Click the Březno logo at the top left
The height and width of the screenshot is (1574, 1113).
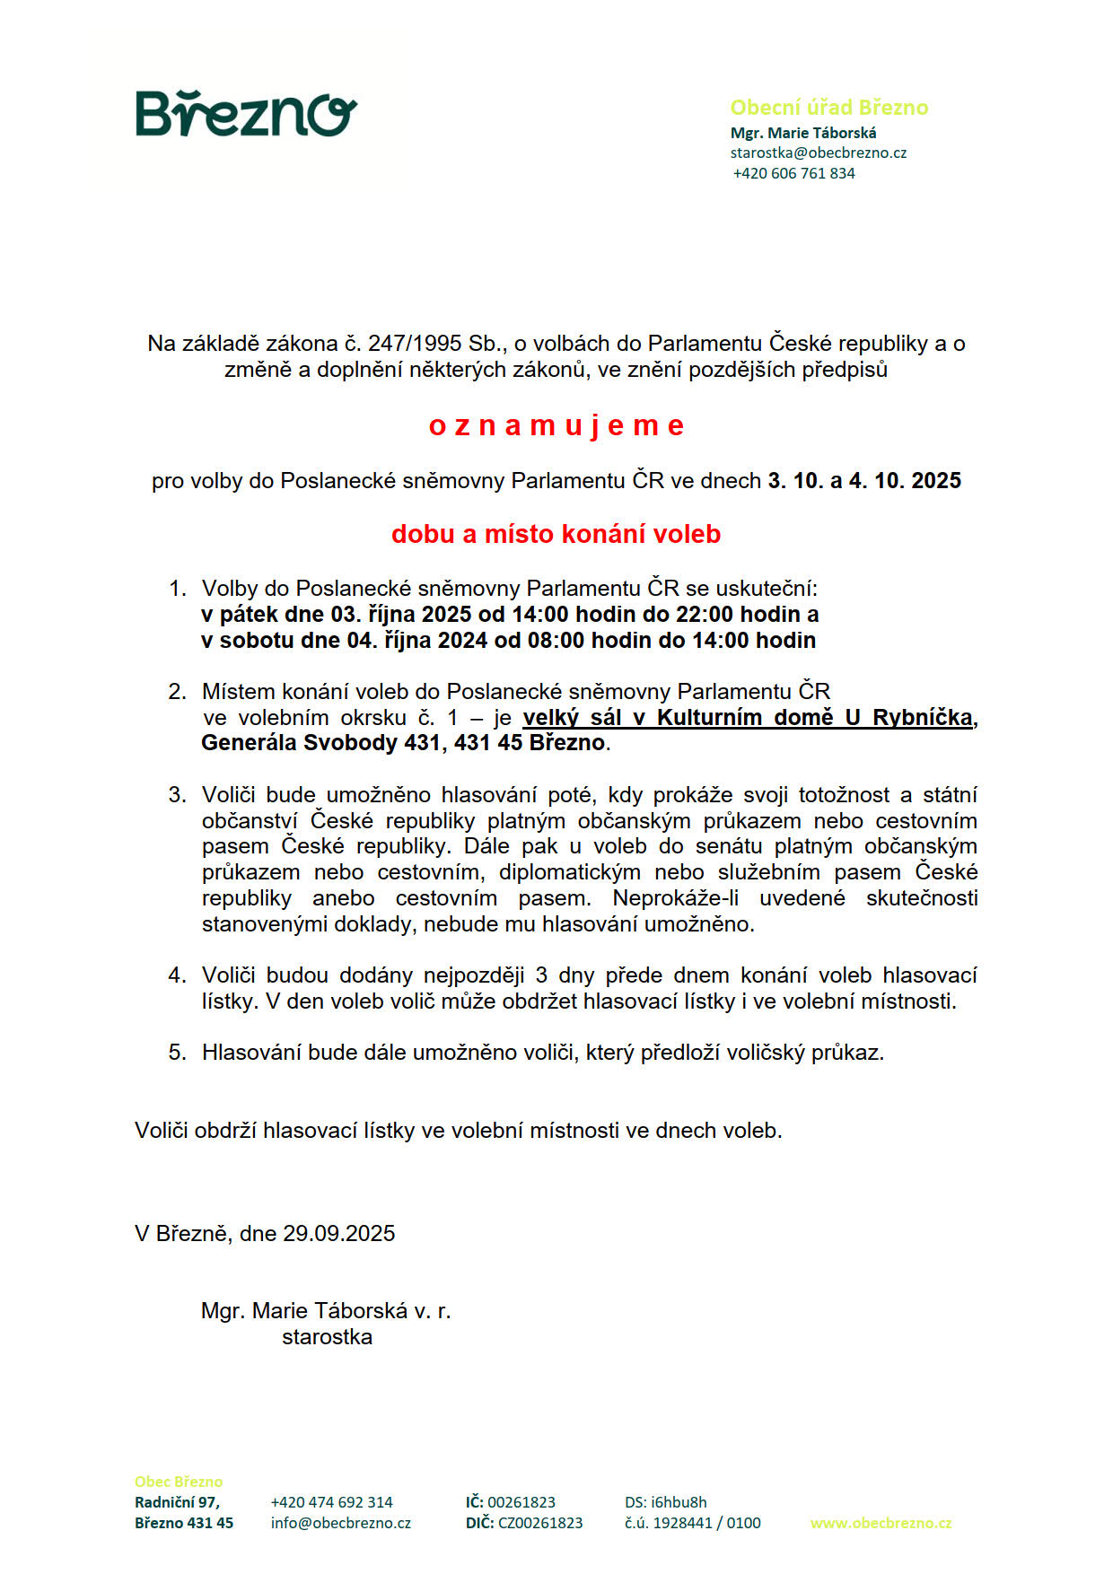(x=246, y=114)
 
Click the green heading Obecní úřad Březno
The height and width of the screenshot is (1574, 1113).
(x=828, y=108)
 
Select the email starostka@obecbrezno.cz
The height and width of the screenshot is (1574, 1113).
(x=818, y=153)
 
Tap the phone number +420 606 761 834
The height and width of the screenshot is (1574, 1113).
(x=793, y=173)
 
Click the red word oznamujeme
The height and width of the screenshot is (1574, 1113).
(x=556, y=425)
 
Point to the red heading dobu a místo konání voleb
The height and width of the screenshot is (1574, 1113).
(x=556, y=534)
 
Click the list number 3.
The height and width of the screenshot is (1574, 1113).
(x=177, y=795)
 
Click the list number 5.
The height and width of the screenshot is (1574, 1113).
(x=177, y=1053)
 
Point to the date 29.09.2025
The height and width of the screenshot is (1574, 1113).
(x=339, y=1234)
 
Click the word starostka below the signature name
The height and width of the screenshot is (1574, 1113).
(x=327, y=1337)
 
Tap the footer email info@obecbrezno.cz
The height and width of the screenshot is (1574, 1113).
(x=341, y=1523)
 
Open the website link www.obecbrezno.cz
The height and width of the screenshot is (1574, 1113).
(x=881, y=1523)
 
